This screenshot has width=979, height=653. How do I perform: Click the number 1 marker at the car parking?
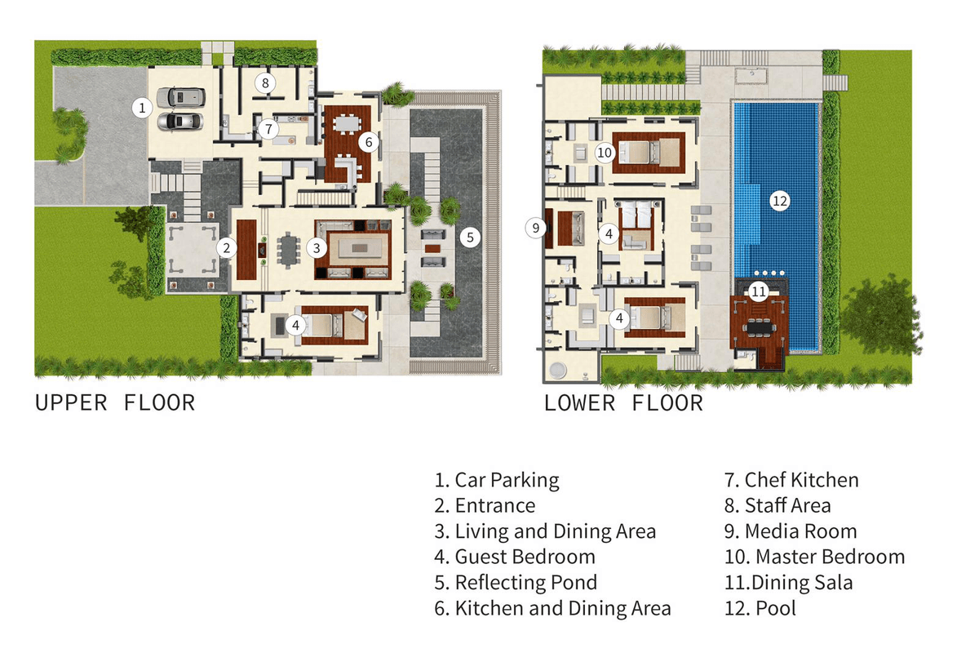(142, 108)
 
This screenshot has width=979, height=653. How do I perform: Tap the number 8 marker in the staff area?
(265, 82)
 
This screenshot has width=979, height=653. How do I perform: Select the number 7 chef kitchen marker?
(268, 129)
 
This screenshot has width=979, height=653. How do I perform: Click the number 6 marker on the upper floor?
(369, 142)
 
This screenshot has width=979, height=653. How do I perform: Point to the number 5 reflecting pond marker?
(470, 238)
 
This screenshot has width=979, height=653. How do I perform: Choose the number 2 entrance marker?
(227, 248)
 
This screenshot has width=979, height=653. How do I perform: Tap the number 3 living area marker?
(317, 248)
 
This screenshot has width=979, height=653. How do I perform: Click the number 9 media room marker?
(535, 228)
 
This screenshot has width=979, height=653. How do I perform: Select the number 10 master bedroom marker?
(605, 153)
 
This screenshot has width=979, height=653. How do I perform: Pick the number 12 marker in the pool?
(780, 201)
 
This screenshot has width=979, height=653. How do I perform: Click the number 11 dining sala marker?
(759, 291)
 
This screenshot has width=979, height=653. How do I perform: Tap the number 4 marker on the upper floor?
(296, 326)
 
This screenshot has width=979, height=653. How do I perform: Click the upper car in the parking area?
(181, 97)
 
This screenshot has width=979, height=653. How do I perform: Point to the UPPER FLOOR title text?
(115, 403)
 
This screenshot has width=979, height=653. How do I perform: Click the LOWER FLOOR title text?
(623, 403)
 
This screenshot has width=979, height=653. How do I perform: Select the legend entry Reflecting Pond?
(516, 583)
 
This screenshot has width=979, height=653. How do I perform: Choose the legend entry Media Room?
(791, 531)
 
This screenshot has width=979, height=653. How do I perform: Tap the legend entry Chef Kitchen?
(791, 480)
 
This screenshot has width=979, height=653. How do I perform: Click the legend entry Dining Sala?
(789, 583)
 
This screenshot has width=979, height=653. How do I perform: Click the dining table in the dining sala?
(760, 327)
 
